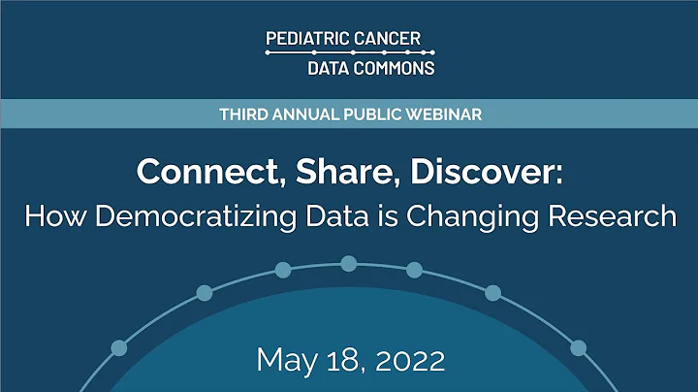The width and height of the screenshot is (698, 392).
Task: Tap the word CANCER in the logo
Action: pyautogui.click(x=389, y=39)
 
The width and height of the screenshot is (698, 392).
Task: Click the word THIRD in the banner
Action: pyautogui.click(x=240, y=114)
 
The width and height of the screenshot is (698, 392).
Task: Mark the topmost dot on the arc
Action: pyautogui.click(x=349, y=263)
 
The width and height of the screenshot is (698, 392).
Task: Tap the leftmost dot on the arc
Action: pyautogui.click(x=119, y=347)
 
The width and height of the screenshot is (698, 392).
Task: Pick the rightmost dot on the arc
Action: pyautogui.click(x=579, y=347)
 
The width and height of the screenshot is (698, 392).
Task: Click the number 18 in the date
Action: pyautogui.click(x=339, y=361)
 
